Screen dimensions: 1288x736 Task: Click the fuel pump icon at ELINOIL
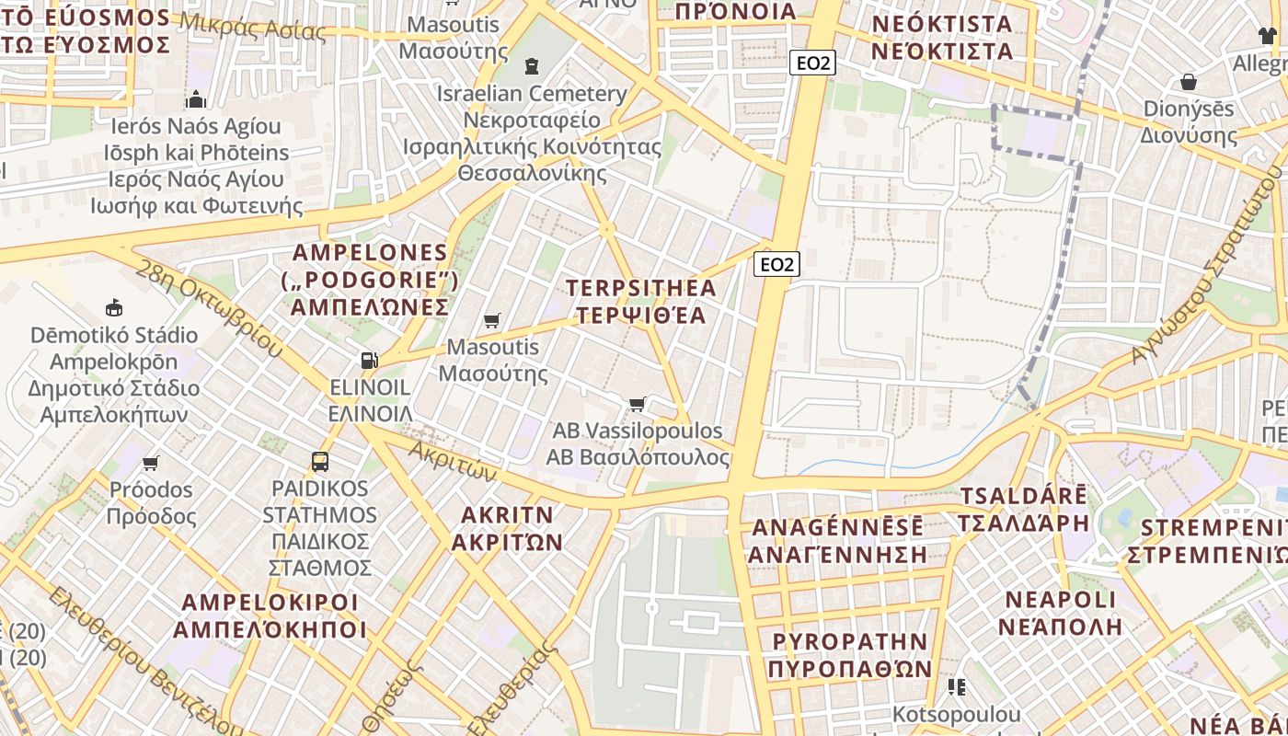(369, 360)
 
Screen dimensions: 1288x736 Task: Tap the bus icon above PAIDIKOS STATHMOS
(319, 462)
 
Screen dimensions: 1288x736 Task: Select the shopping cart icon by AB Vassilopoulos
(637, 404)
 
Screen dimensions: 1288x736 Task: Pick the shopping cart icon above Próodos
(151, 462)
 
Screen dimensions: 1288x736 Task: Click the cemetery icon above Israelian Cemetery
(531, 66)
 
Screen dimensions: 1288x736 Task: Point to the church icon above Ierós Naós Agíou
(195, 99)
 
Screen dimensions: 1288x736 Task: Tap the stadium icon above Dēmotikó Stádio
(114, 307)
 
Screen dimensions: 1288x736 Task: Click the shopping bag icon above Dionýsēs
(1189, 82)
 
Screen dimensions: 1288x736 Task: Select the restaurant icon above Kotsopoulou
(957, 687)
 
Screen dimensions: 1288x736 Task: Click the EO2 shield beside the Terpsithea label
(776, 265)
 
